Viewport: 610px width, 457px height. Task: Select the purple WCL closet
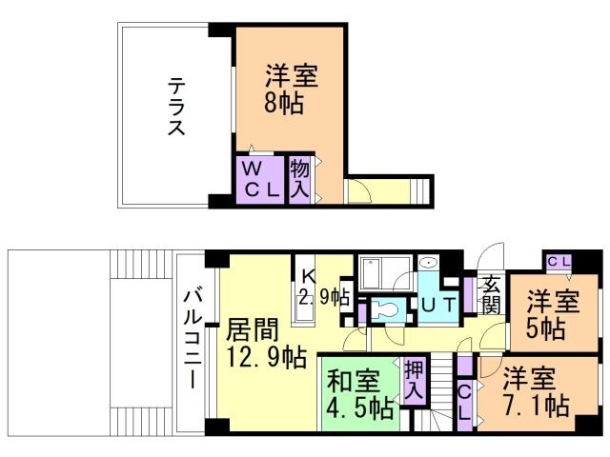coord(259,178)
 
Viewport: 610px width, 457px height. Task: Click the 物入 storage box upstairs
coord(300,178)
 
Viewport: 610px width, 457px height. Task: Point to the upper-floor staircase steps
coord(424,190)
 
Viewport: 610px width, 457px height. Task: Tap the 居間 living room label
coord(253,331)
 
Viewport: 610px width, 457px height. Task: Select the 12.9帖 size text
coord(266,359)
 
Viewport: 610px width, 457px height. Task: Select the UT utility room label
coord(439,305)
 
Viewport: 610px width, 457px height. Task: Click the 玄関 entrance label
coord(492,293)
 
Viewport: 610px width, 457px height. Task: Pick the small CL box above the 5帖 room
coord(559,260)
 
